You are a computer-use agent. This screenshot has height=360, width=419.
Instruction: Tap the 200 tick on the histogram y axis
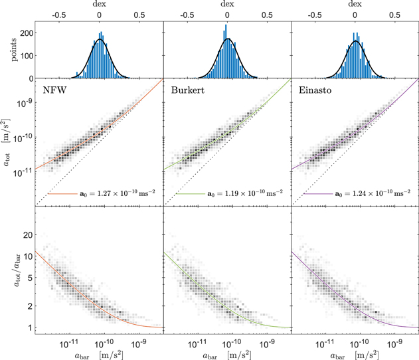pos(22,31)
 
